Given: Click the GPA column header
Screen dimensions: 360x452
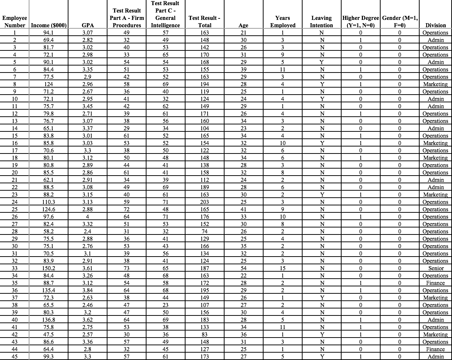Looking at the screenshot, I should [x=87, y=25].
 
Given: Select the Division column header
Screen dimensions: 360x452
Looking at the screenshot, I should [x=435, y=25].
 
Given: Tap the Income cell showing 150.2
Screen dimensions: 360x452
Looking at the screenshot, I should [x=49, y=268].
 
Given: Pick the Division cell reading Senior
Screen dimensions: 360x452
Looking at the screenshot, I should [x=436, y=268].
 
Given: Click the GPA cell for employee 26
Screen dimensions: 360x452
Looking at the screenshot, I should [x=87, y=217].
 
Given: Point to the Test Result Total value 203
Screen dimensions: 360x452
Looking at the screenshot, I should [x=205, y=202].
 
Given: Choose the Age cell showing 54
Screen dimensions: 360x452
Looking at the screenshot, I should [x=243, y=268].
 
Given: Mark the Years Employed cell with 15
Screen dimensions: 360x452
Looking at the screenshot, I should [x=282, y=268].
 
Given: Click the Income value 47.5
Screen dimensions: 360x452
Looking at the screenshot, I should [x=49, y=335].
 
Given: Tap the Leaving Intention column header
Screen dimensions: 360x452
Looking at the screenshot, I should [x=321, y=22].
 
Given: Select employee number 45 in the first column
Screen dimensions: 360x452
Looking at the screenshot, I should [x=15, y=357].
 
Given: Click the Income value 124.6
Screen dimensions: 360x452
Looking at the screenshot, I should [x=49, y=209].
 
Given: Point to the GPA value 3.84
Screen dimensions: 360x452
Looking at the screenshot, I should [x=87, y=290].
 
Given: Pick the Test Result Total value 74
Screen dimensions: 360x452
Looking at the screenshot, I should [x=205, y=232].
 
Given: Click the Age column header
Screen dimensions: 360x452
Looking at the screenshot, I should [x=243, y=25].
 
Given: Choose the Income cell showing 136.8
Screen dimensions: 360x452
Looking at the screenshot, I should [x=49, y=320].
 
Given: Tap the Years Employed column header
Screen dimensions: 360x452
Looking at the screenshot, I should [x=282, y=22].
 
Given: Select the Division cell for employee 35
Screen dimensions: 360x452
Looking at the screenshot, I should [x=436, y=283].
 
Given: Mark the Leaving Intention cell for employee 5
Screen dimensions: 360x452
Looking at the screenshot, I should [x=321, y=62].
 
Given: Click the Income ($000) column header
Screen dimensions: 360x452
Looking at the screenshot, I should [x=49, y=25].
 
